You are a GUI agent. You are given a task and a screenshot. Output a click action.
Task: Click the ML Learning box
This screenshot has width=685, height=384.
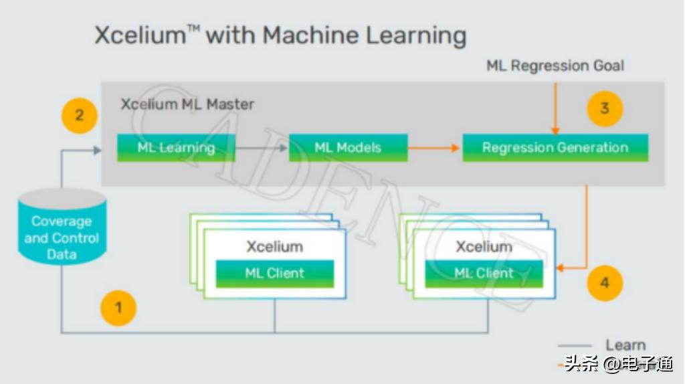tap(176, 147)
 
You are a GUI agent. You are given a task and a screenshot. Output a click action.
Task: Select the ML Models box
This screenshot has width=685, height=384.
tap(348, 147)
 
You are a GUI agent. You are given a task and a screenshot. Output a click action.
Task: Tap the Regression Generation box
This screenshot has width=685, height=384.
tap(555, 147)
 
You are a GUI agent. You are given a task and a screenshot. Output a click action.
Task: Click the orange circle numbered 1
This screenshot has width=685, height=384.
tap(118, 308)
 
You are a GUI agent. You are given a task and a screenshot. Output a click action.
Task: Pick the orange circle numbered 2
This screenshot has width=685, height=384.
tap(80, 115)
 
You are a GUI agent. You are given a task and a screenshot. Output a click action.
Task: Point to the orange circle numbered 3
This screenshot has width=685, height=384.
tap(605, 108)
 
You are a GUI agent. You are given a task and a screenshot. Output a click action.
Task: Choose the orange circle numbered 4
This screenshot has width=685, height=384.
tap(605, 283)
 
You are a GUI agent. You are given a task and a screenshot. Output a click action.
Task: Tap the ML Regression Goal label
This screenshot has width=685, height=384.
tap(555, 66)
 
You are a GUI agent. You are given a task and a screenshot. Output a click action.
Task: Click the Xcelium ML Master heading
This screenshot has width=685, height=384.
tap(187, 104)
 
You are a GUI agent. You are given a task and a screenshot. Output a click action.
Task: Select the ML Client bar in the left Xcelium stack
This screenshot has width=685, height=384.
tap(274, 273)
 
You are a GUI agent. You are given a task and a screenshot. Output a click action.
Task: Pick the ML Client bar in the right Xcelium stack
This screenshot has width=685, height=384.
tap(484, 273)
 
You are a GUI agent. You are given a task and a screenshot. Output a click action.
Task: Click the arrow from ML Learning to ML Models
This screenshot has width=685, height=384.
tap(262, 147)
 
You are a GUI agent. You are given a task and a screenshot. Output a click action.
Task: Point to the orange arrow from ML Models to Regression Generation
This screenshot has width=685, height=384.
tap(434, 147)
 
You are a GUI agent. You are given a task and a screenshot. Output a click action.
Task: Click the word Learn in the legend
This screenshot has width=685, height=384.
tap(625, 345)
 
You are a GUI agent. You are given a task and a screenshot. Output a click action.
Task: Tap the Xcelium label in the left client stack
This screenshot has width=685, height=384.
tap(274, 246)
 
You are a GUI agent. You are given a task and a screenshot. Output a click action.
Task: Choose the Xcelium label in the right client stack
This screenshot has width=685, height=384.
tap(484, 246)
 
